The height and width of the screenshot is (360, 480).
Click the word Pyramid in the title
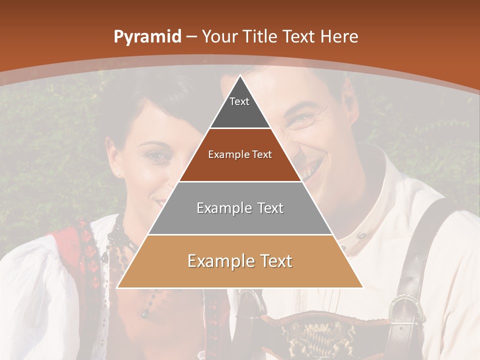click(x=147, y=37)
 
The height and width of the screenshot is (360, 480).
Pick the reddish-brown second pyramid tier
click(x=240, y=165)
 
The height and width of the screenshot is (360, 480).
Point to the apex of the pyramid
click(x=240, y=76)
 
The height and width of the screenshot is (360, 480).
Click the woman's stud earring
click(x=118, y=173)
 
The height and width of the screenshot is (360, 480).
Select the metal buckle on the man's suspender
click(x=404, y=307)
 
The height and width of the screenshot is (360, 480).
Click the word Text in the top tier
click(x=239, y=101)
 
